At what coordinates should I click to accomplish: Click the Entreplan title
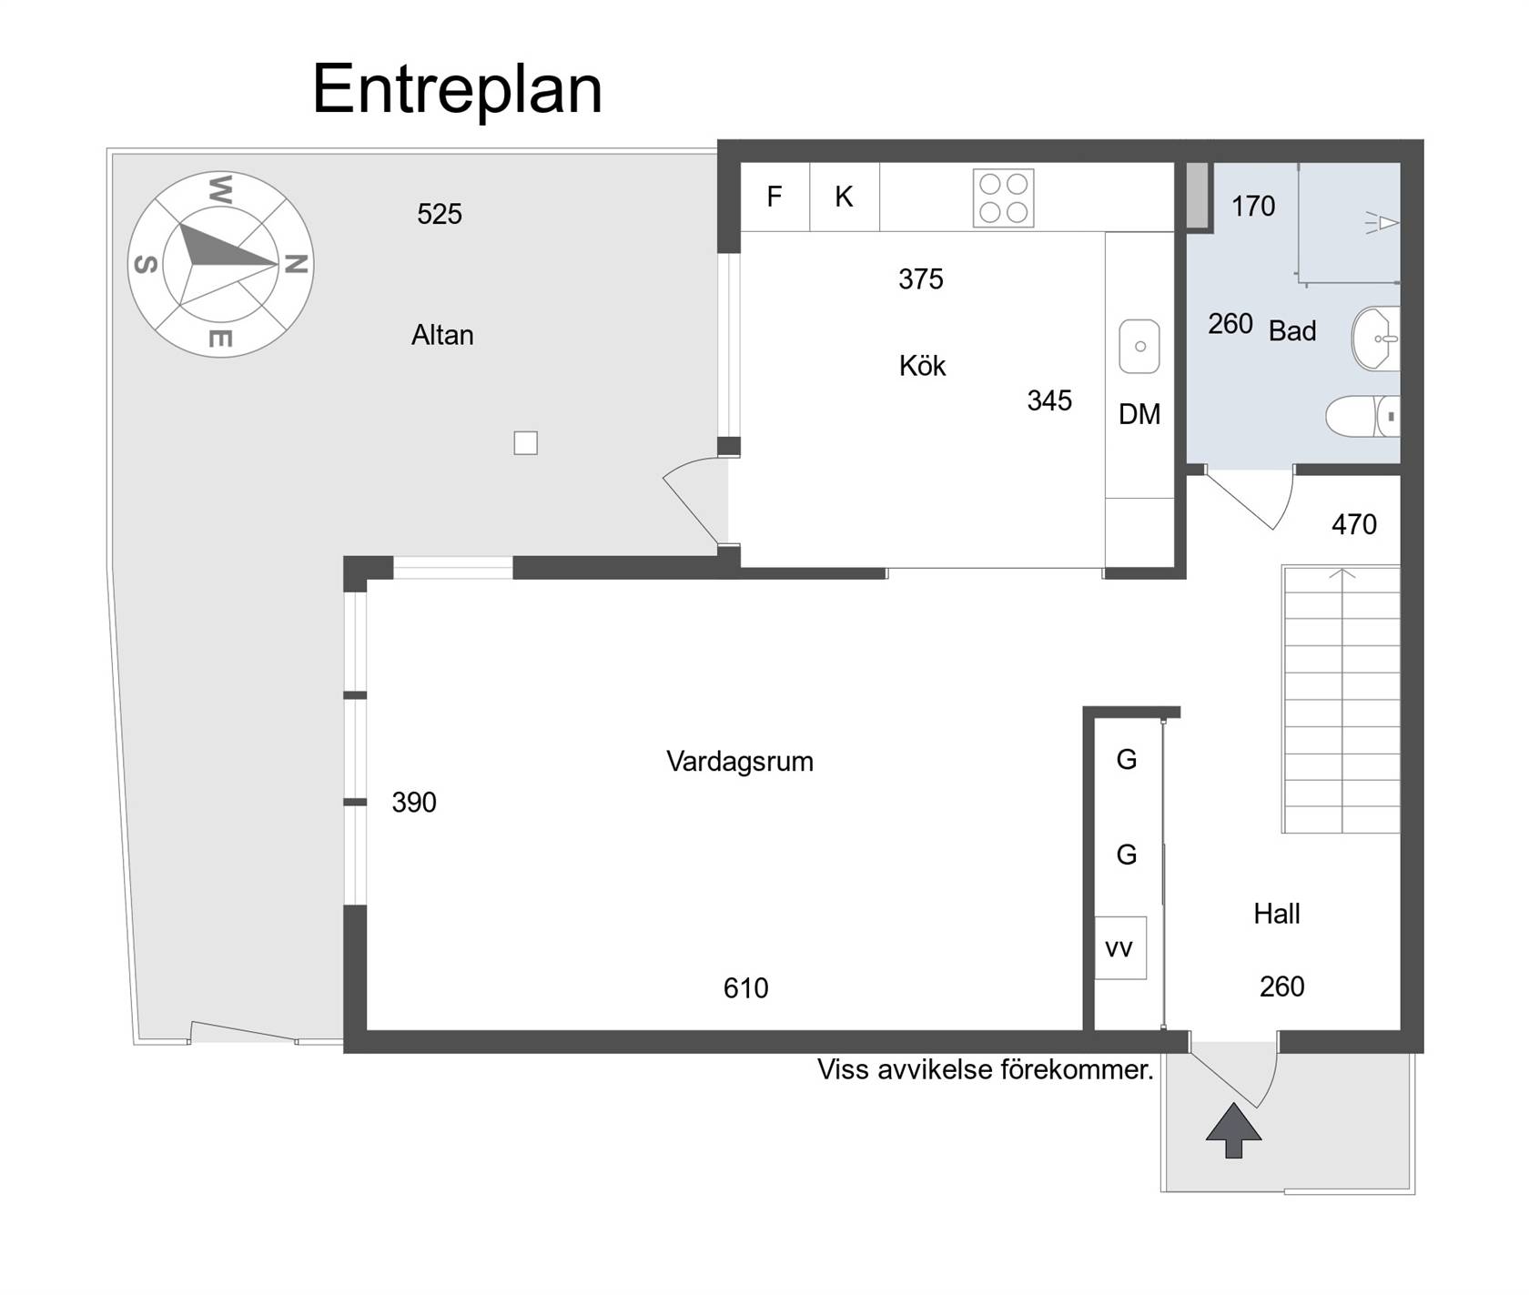click(457, 90)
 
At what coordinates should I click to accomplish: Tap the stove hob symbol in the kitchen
click(1003, 197)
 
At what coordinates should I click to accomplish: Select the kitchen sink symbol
click(1139, 346)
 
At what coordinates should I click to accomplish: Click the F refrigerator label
click(775, 197)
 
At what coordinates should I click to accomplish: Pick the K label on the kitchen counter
click(844, 197)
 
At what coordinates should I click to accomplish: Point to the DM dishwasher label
click(1139, 414)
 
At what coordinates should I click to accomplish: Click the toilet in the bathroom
click(1362, 417)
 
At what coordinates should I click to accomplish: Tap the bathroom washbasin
click(1375, 339)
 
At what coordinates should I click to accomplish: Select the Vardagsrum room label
click(740, 762)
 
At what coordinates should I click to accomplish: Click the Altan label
click(442, 335)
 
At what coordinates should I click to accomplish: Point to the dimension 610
click(746, 988)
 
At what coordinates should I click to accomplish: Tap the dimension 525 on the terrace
click(440, 214)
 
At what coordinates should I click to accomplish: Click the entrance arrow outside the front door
click(1234, 1130)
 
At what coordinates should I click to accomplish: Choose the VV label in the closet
click(1119, 949)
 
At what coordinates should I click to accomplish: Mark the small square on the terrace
click(526, 443)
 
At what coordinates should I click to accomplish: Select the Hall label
click(1277, 914)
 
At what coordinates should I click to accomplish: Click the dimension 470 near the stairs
click(1354, 524)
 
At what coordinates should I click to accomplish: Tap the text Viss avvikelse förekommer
click(986, 1069)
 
